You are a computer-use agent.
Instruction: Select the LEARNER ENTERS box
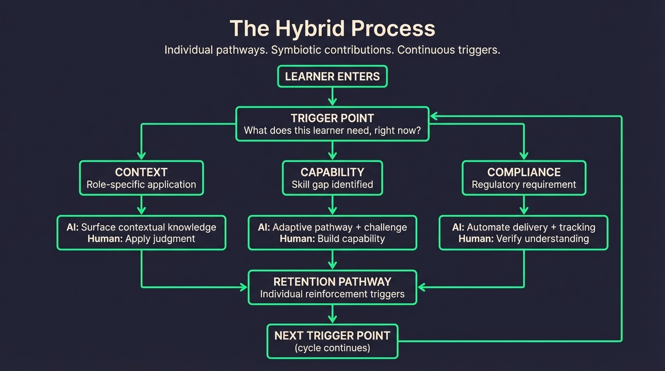pos(332,76)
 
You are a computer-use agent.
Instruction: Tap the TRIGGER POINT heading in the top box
pos(332,118)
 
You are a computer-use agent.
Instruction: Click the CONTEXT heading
pos(141,172)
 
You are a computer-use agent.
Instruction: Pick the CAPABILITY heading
pos(332,172)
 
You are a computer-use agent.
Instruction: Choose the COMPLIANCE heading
pos(524,172)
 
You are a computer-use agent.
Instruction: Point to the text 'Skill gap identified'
pos(332,185)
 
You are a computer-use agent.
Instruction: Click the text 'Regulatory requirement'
pos(524,185)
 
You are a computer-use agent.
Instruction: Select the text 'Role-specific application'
pos(141,185)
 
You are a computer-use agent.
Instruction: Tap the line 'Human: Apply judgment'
pos(141,239)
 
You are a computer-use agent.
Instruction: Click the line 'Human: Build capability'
pos(332,239)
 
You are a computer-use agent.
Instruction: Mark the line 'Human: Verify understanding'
pos(524,239)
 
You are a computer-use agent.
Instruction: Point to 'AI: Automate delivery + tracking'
pos(524,227)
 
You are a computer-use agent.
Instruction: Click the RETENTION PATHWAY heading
pos(332,282)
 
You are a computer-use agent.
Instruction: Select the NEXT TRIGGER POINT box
pos(332,341)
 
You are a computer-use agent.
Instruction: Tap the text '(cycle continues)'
pos(332,348)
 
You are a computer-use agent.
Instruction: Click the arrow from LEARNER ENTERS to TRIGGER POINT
pos(332,97)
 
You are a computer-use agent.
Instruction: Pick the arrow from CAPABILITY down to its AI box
pos(332,205)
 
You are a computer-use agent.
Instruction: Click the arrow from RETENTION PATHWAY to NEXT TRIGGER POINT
pos(332,314)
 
